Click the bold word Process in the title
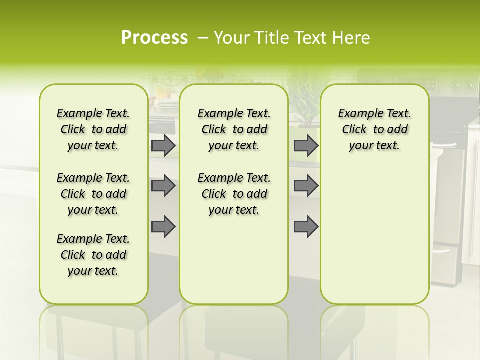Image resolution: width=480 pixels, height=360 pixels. pyautogui.click(x=154, y=38)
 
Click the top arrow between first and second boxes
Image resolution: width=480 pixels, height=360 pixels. pyautogui.click(x=163, y=146)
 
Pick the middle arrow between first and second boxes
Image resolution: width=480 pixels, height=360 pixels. pyautogui.click(x=163, y=186)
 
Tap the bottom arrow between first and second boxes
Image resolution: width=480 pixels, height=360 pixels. pyautogui.click(x=163, y=227)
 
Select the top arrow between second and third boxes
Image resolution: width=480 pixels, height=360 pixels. pyautogui.click(x=306, y=146)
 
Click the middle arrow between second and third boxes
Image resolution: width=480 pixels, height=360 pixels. pyautogui.click(x=306, y=186)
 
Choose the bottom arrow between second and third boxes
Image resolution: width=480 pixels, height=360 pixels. pyautogui.click(x=306, y=227)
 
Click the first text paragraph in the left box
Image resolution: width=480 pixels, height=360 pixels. pyautogui.click(x=93, y=129)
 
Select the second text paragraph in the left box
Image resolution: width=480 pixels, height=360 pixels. pyautogui.click(x=93, y=194)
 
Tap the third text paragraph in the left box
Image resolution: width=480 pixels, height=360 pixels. pyautogui.click(x=93, y=255)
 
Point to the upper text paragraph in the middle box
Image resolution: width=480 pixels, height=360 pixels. pyautogui.click(x=234, y=129)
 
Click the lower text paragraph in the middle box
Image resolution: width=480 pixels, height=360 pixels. pyautogui.click(x=234, y=194)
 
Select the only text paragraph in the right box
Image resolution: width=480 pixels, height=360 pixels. pyautogui.click(x=374, y=129)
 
